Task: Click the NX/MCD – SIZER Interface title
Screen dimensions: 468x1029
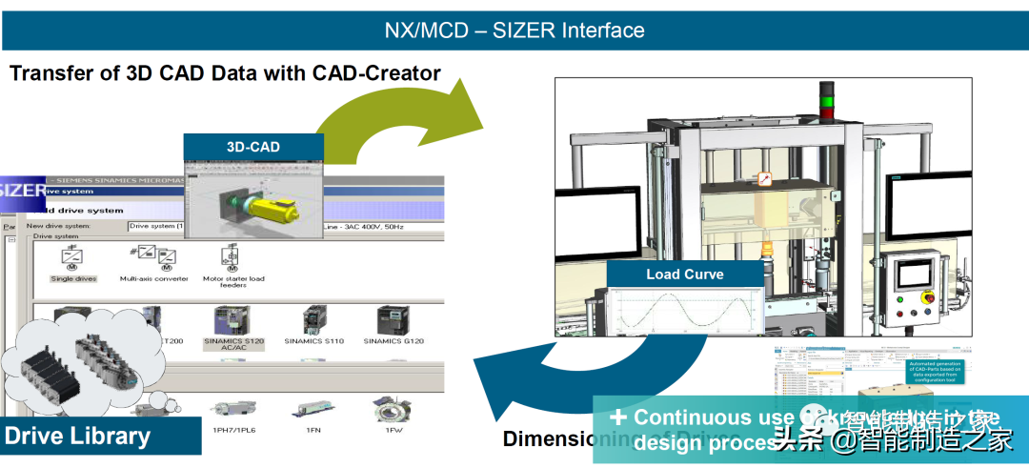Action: (x=514, y=30)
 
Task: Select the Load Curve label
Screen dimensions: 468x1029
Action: (x=684, y=275)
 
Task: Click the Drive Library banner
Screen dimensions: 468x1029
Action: (x=78, y=437)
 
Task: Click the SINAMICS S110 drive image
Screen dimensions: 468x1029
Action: (x=313, y=319)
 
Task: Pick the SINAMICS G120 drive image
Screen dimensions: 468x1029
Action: (x=393, y=319)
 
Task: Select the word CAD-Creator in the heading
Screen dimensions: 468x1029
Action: (x=377, y=72)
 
